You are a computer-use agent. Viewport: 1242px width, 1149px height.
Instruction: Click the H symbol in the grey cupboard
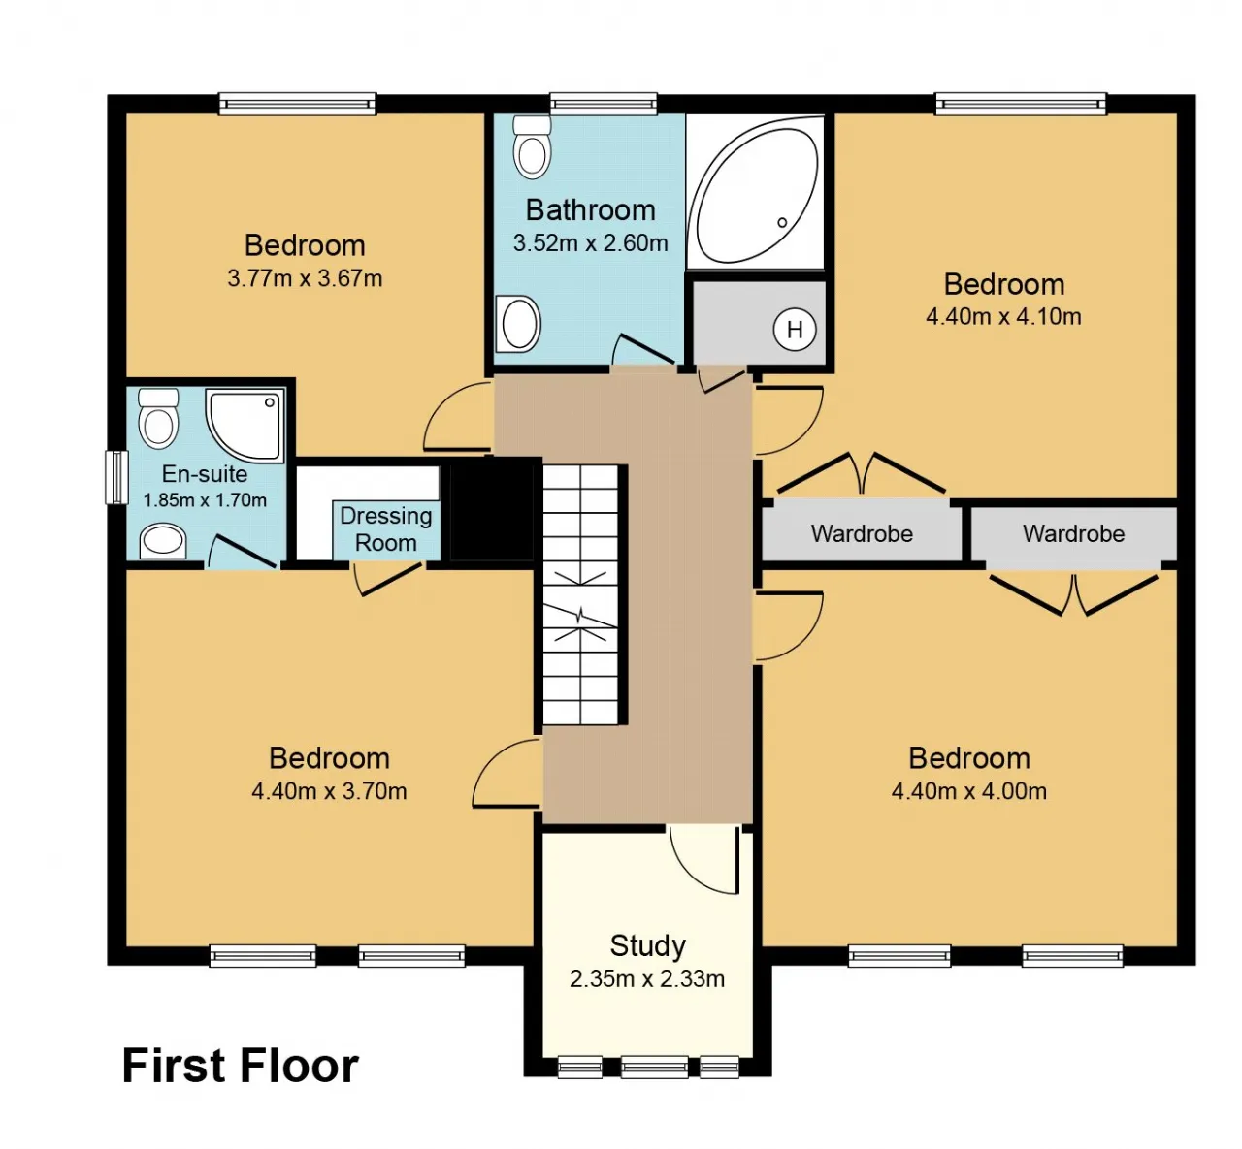tap(795, 329)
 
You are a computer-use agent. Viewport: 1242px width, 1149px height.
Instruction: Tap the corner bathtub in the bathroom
tap(756, 192)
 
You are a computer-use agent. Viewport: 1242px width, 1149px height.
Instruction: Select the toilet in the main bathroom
tap(532, 147)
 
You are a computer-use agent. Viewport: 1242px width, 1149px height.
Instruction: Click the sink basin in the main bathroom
tap(518, 324)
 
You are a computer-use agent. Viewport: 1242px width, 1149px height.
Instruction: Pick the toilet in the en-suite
tap(158, 418)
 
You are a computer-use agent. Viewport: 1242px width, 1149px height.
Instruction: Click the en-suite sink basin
tap(163, 540)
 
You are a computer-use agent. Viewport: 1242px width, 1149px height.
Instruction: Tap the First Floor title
tap(240, 1065)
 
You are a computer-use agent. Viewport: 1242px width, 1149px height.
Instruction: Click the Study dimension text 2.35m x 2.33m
tap(647, 978)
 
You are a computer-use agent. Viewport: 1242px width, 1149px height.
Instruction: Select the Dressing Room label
tap(386, 528)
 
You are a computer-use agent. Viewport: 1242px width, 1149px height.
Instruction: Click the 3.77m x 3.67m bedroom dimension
tap(306, 277)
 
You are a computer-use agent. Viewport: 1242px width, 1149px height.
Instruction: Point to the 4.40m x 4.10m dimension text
tap(1003, 316)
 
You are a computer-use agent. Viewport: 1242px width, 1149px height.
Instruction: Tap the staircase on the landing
tap(580, 594)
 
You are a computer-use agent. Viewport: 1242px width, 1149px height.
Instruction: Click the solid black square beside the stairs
tap(492, 509)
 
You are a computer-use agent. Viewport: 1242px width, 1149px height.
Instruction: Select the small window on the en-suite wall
tap(116, 478)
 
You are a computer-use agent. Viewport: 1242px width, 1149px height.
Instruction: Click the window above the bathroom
tap(604, 104)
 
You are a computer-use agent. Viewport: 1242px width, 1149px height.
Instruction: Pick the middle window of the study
tap(654, 1067)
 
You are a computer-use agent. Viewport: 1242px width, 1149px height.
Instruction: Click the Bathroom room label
tap(590, 210)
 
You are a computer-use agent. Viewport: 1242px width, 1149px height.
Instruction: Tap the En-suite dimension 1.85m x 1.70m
tap(205, 500)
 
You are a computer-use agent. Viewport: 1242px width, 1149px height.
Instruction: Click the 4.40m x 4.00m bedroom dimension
tap(968, 791)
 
